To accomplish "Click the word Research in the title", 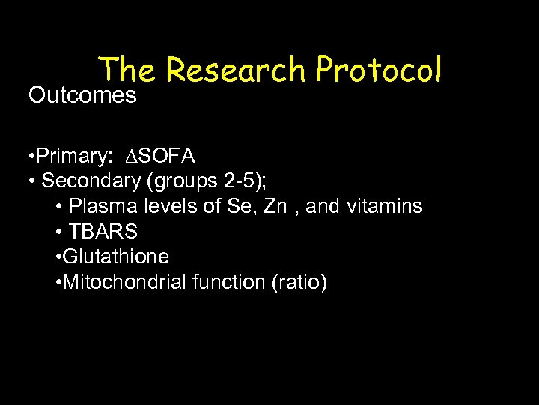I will click(x=236, y=70).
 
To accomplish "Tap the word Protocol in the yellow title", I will click(x=379, y=70).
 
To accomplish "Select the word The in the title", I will click(x=127, y=70).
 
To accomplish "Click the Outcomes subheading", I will click(x=82, y=95).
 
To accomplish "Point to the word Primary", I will click(x=73, y=156).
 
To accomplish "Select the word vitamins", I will click(x=384, y=206).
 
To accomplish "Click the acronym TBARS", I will click(x=103, y=232).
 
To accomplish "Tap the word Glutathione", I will click(x=116, y=257).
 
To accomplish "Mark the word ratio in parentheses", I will click(x=299, y=283).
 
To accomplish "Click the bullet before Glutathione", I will click(x=59, y=257).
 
